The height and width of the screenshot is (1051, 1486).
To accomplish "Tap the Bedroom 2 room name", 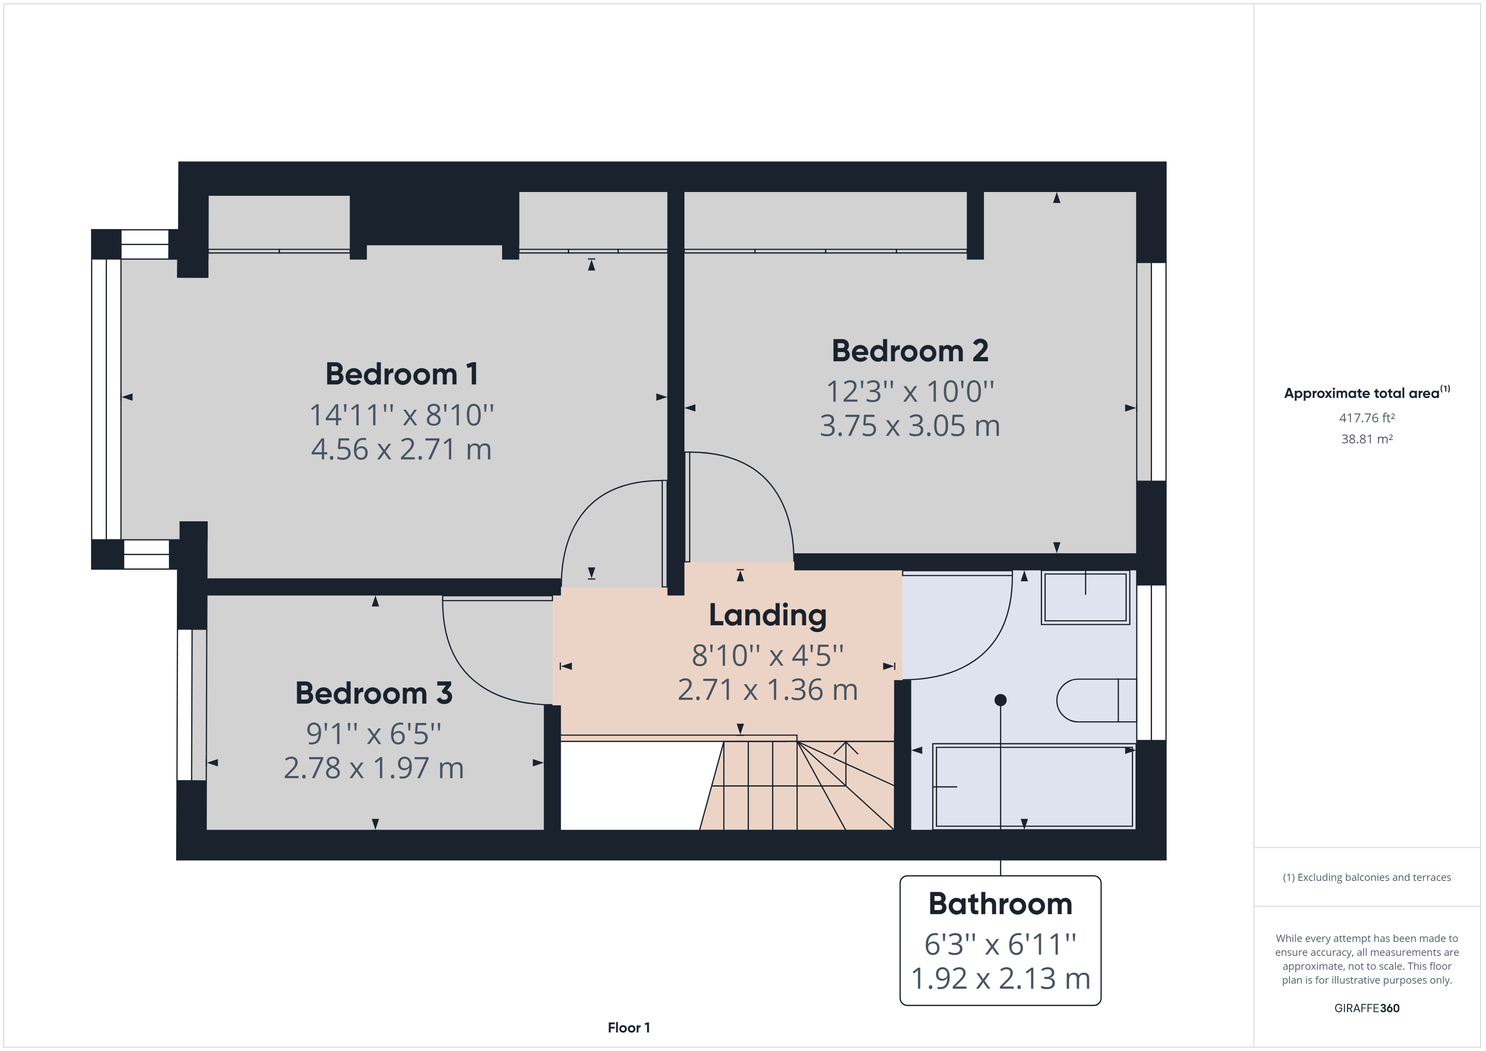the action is [x=910, y=351].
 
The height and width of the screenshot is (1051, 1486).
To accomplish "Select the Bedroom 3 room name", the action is [x=374, y=693].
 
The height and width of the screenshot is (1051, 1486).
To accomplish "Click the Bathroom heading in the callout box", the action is [x=1001, y=904].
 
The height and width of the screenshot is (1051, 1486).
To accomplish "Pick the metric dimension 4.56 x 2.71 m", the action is [x=401, y=449].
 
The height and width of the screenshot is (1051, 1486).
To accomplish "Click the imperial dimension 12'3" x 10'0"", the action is [x=910, y=392].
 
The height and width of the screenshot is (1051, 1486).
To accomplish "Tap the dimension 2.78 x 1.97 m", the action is [x=374, y=768].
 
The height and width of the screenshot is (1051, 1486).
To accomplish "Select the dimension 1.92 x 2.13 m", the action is [x=1001, y=979].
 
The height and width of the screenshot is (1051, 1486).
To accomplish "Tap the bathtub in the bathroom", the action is [x=1034, y=786].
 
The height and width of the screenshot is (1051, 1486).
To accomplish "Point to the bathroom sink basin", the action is [x=1085, y=598].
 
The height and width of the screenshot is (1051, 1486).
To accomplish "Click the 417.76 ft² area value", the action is [x=1367, y=418].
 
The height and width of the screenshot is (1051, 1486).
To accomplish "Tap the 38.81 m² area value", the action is [x=1367, y=439].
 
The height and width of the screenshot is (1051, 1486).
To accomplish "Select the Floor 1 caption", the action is [x=628, y=1028].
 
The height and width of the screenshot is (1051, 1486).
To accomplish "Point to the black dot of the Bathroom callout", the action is [x=1001, y=699].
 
